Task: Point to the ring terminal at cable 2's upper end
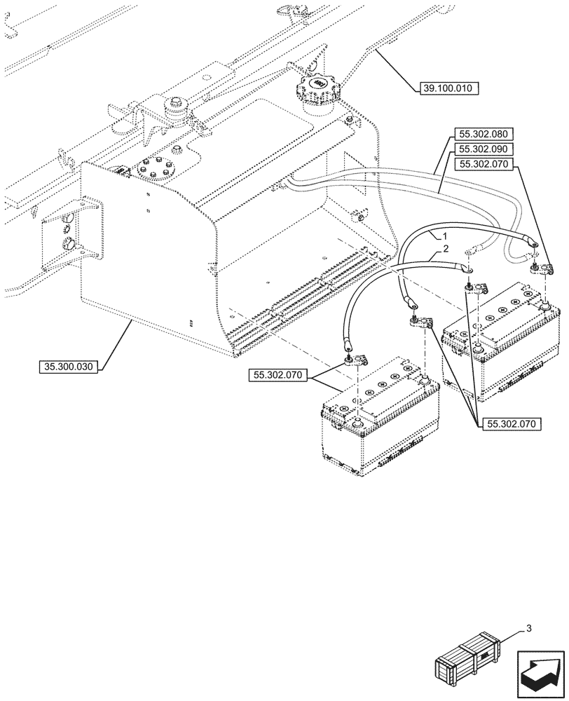pos(471,267)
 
